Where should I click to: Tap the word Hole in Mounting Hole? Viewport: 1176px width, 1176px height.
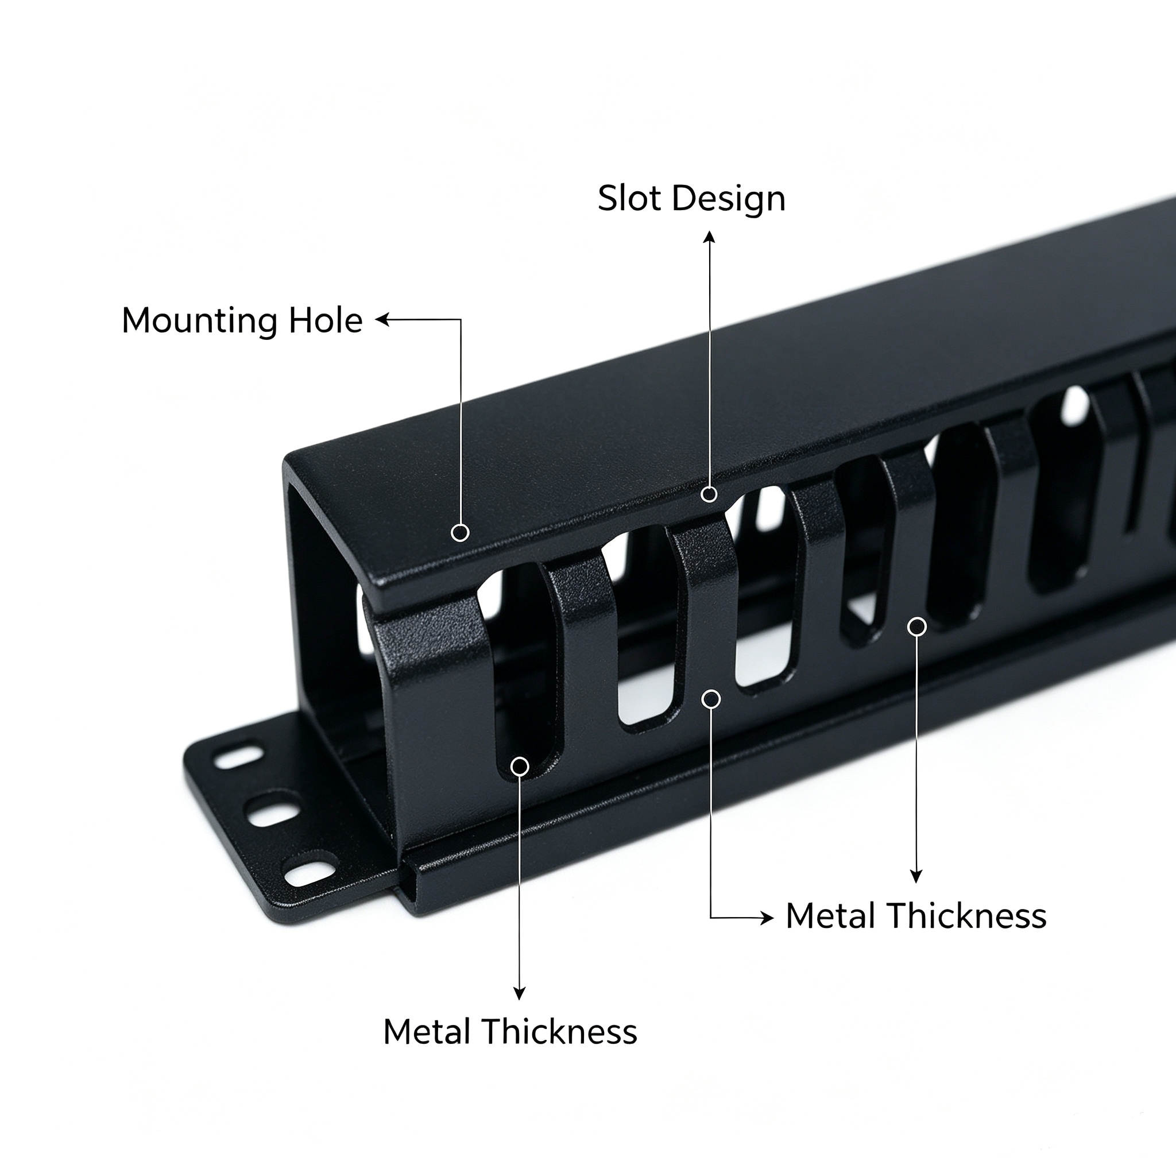click(x=326, y=320)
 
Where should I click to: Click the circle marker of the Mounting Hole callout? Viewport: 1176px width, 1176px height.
click(x=460, y=533)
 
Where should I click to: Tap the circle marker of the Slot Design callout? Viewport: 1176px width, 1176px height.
click(x=709, y=494)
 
